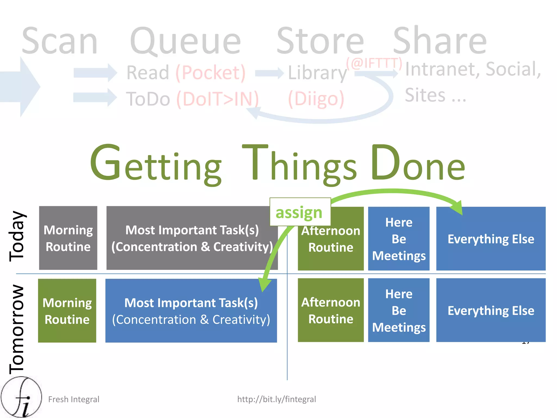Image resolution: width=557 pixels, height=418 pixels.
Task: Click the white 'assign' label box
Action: pyautogui.click(x=300, y=212)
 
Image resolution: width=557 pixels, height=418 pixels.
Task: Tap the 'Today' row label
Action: pyautogui.click(x=17, y=236)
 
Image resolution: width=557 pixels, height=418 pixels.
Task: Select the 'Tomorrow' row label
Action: pyautogui.click(x=17, y=329)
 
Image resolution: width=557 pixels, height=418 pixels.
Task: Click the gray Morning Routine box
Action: pyautogui.click(x=68, y=238)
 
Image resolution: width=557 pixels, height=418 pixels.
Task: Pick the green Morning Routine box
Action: pyautogui.click(x=67, y=311)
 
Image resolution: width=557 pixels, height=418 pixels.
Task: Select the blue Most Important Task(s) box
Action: pyautogui.click(x=191, y=311)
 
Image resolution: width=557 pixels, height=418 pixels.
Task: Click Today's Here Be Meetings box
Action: pyautogui.click(x=399, y=239)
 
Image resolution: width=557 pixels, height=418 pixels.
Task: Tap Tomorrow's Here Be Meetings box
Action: pyautogui.click(x=399, y=310)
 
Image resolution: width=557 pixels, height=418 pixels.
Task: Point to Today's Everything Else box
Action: pyautogui.click(x=491, y=239)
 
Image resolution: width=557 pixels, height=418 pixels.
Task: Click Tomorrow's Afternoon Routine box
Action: pyautogui.click(x=331, y=310)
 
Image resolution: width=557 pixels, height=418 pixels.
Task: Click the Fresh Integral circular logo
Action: pyautogui.click(x=21, y=397)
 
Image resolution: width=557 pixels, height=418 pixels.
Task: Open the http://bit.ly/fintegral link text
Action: pyautogui.click(x=277, y=399)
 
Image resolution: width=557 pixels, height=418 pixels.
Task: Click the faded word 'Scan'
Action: pyautogui.click(x=60, y=41)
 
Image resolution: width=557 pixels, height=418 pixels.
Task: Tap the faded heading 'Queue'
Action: pyautogui.click(x=185, y=41)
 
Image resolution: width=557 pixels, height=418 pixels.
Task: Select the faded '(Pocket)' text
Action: pyautogui.click(x=211, y=73)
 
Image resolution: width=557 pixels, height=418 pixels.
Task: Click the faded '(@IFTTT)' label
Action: pyautogui.click(x=374, y=63)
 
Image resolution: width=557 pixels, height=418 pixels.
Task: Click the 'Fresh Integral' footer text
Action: pyautogui.click(x=74, y=399)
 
